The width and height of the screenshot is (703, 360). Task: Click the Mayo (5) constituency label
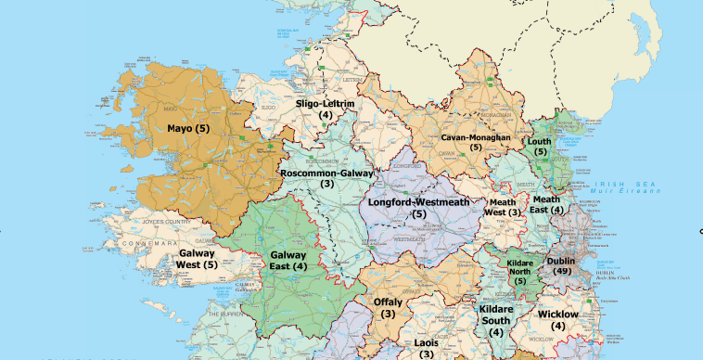tap(188, 128)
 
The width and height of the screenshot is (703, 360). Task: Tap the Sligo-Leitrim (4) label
tap(326, 109)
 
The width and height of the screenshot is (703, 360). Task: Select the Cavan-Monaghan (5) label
tap(475, 142)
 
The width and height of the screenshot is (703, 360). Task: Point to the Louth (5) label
tap(540, 147)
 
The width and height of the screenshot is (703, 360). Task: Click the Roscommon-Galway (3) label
tap(326, 178)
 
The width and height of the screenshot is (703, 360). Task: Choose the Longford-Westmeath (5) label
tap(418, 208)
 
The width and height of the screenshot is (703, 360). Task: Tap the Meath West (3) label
tap(502, 207)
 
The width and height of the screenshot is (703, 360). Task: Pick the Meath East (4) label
tap(547, 204)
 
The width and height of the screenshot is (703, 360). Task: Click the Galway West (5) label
tap(197, 259)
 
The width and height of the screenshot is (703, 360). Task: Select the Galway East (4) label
tap(288, 261)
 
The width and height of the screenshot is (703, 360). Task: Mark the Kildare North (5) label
tap(520, 272)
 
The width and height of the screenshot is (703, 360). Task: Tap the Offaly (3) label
tap(388, 308)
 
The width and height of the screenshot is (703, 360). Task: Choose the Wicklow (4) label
tap(557, 320)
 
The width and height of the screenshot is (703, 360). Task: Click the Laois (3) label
tap(426, 348)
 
